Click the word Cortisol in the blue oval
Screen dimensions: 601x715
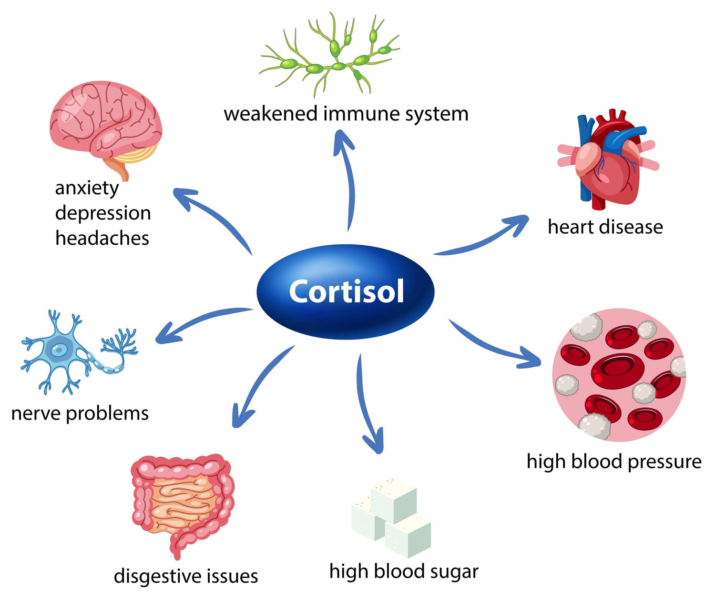tap(347, 291)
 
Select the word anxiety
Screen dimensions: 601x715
tap(87, 188)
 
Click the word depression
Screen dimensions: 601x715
tap(103, 213)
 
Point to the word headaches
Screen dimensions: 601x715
tap(102, 238)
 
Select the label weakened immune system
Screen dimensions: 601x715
tap(346, 114)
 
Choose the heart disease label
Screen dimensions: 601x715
tap(605, 227)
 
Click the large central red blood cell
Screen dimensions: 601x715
tap(618, 370)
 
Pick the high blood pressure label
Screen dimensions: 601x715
tap(614, 461)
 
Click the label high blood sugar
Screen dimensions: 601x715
tap(404, 571)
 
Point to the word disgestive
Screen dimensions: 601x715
tap(152, 576)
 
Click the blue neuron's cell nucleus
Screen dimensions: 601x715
tap(59, 350)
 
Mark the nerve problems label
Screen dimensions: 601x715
tap(80, 413)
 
